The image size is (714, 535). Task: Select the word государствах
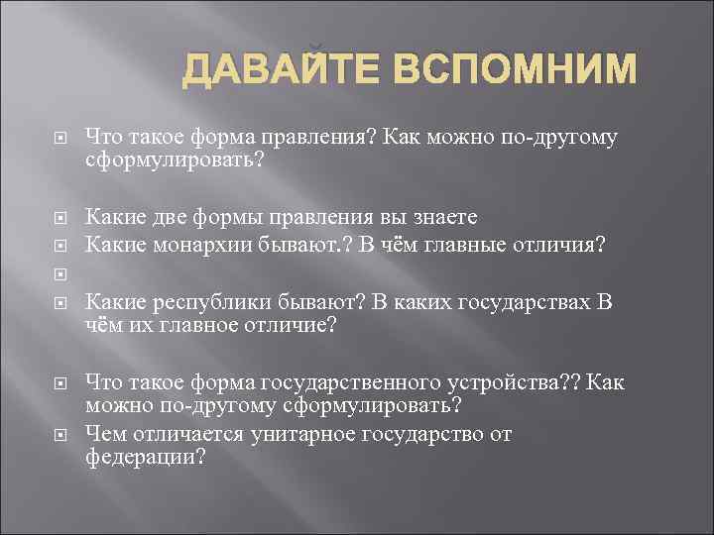pyautogui.click(x=532, y=302)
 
